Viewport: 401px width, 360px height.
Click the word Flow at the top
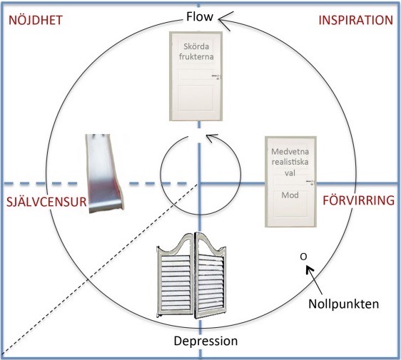(x=200, y=17)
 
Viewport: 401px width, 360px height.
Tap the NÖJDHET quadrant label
(x=36, y=21)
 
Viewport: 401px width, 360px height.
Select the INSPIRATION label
(x=356, y=21)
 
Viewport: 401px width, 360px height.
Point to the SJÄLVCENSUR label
(x=46, y=202)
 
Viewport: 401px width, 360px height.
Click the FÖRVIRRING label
(x=359, y=200)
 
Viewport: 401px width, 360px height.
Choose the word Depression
(x=205, y=341)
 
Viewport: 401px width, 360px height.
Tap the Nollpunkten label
(x=343, y=304)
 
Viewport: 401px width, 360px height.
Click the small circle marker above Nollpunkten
(x=303, y=257)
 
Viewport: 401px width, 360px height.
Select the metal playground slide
(x=104, y=173)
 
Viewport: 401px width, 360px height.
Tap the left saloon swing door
(x=176, y=275)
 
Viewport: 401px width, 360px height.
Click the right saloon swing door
(x=210, y=274)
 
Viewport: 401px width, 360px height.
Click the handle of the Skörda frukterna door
(x=216, y=76)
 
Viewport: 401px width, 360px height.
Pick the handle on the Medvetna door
(x=310, y=182)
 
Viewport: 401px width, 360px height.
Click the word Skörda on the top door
(x=196, y=46)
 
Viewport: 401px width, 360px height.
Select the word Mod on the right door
(x=290, y=195)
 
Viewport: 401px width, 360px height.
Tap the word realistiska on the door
(x=290, y=162)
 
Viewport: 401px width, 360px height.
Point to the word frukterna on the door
(x=196, y=56)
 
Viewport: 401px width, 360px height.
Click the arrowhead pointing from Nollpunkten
(x=310, y=269)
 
